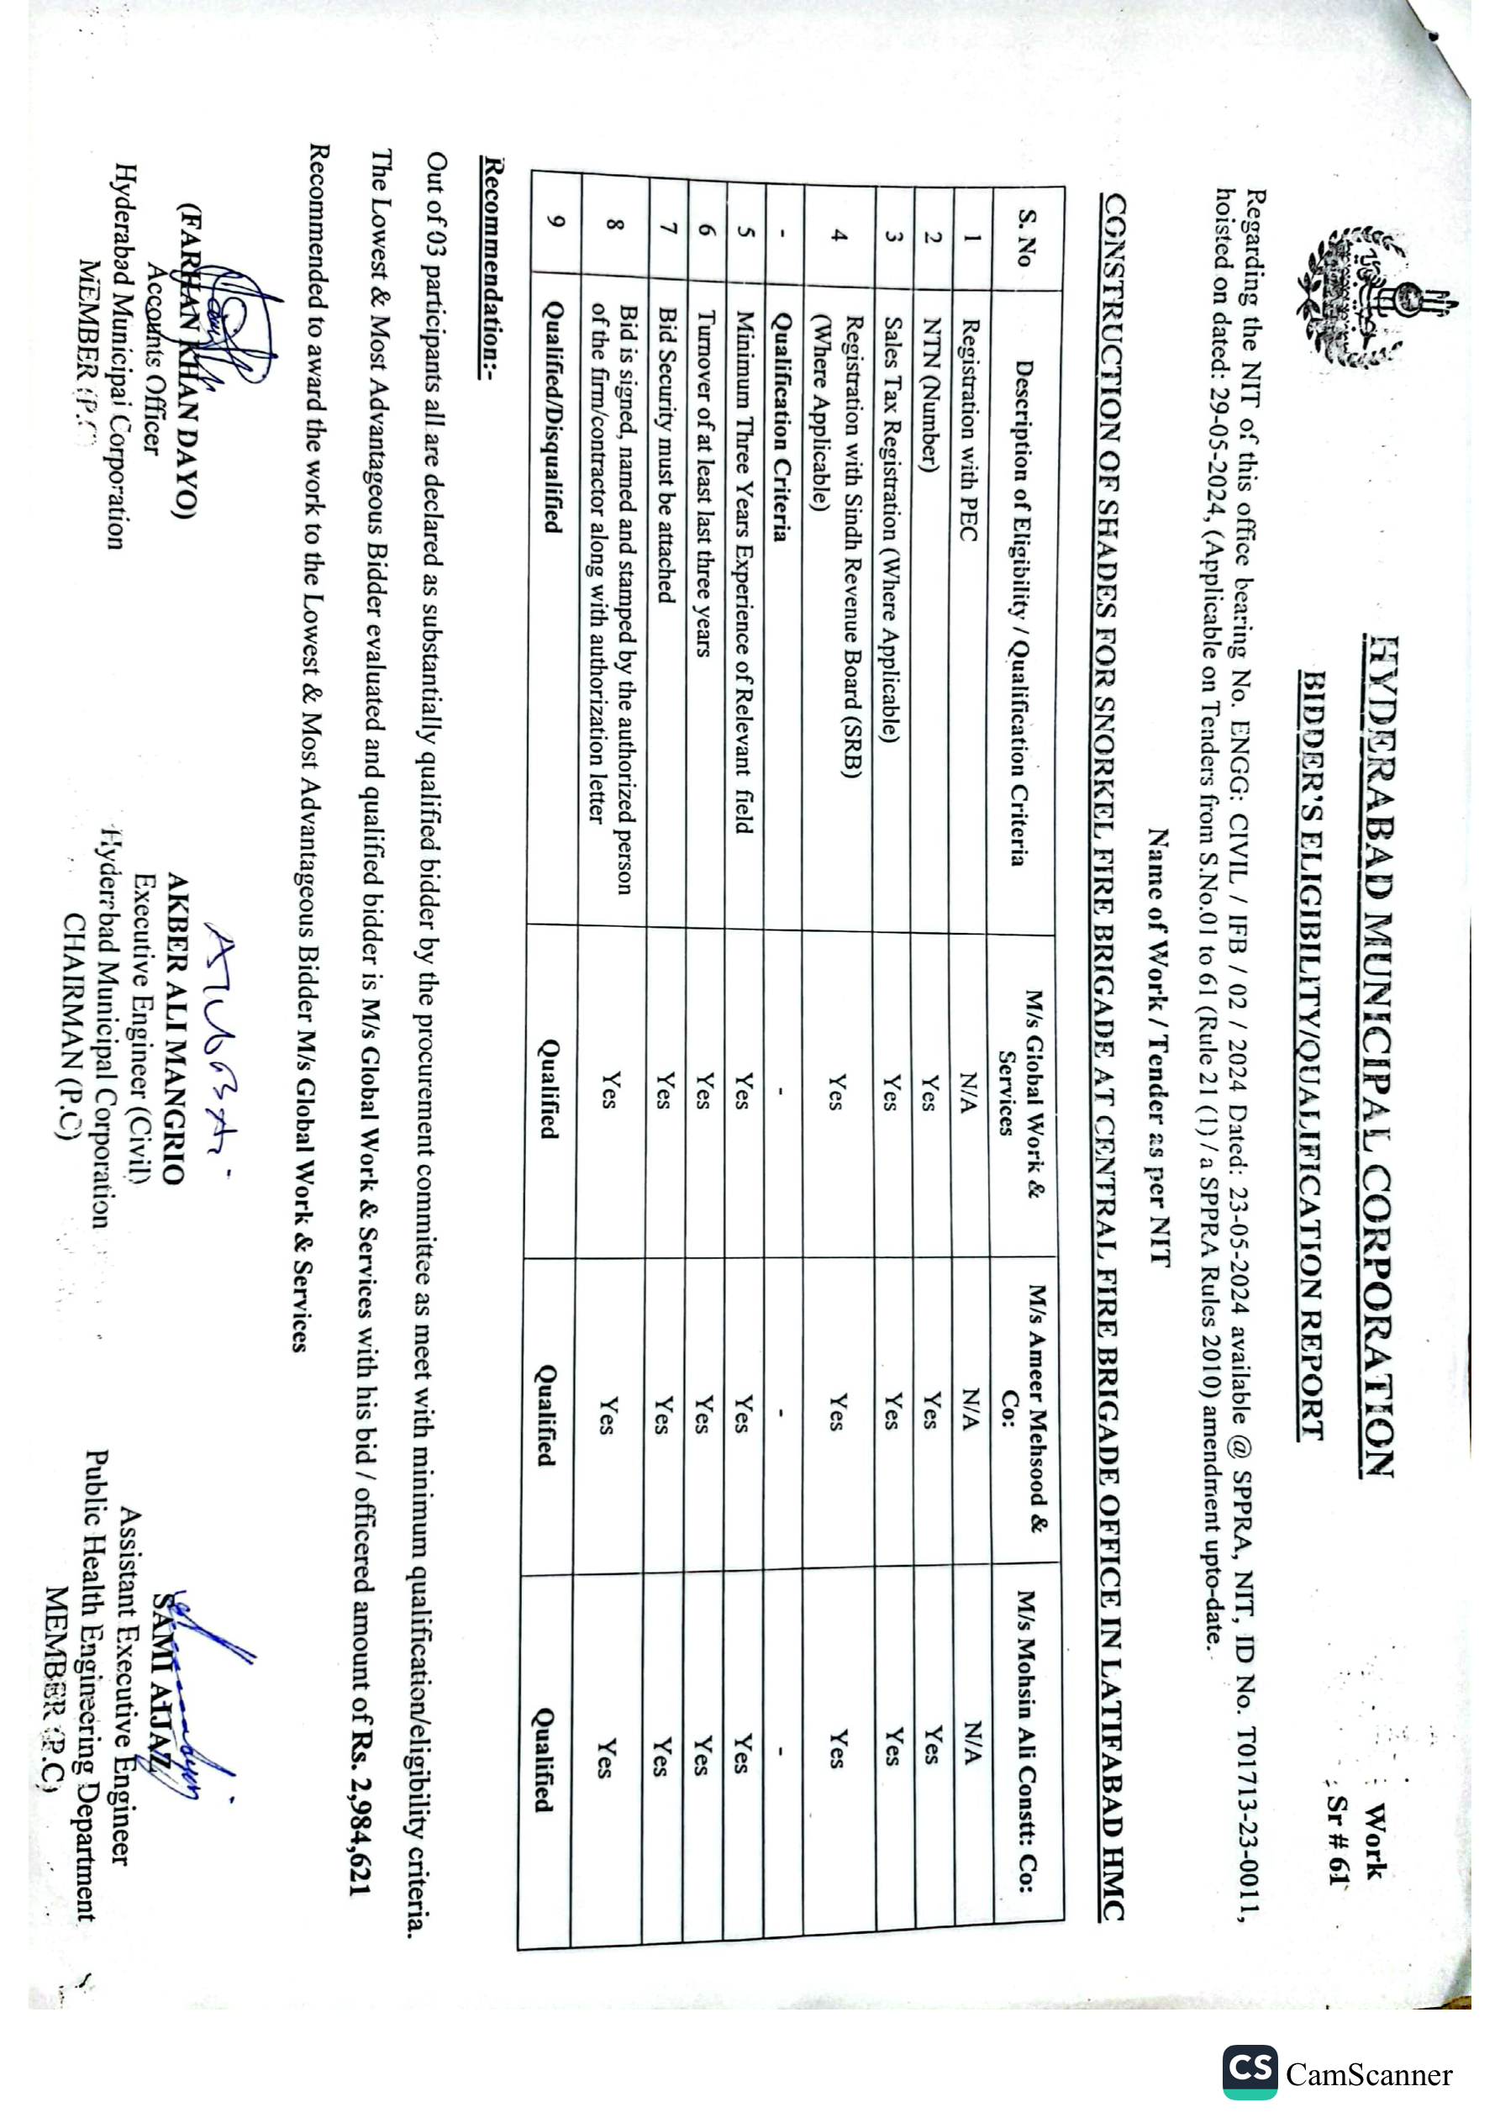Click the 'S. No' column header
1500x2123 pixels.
[1025, 238]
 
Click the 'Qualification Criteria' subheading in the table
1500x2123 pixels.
[782, 426]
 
